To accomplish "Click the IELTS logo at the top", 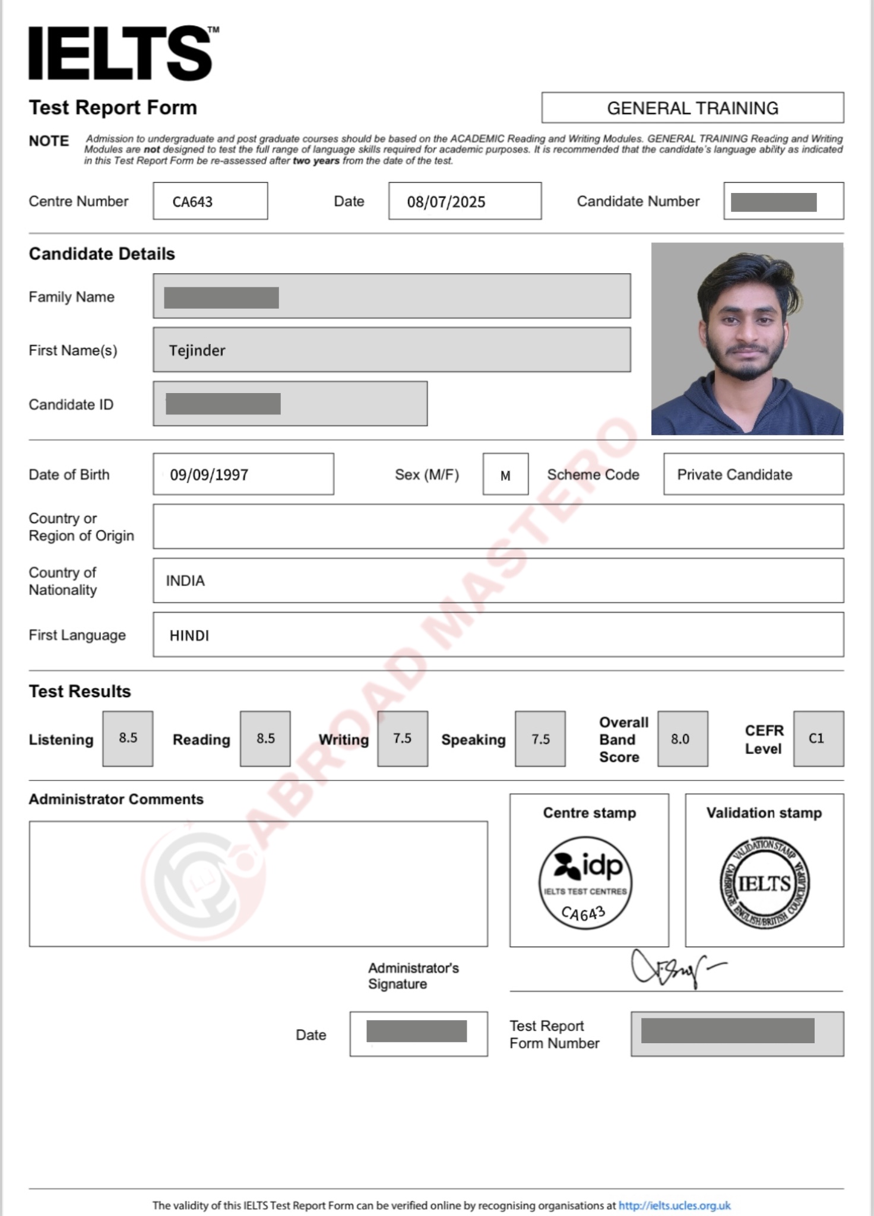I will (x=121, y=53).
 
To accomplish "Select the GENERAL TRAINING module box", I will (x=692, y=108).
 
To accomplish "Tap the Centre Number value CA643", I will (x=193, y=202).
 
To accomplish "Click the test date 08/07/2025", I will (x=446, y=202).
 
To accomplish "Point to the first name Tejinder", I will (x=197, y=350).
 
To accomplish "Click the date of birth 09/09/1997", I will (x=209, y=474).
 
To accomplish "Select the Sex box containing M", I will (x=505, y=474).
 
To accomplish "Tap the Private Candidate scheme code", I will (x=734, y=474).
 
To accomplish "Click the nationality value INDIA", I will (x=185, y=580).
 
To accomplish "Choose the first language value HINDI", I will (x=189, y=635).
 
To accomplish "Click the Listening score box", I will (x=128, y=738).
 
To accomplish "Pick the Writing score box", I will (x=403, y=738).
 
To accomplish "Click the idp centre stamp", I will (x=585, y=882).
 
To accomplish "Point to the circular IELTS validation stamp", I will (x=764, y=883).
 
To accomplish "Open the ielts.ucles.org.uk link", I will (x=674, y=1205).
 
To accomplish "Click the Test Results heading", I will (x=80, y=691).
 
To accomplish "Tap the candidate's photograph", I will (x=747, y=339).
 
